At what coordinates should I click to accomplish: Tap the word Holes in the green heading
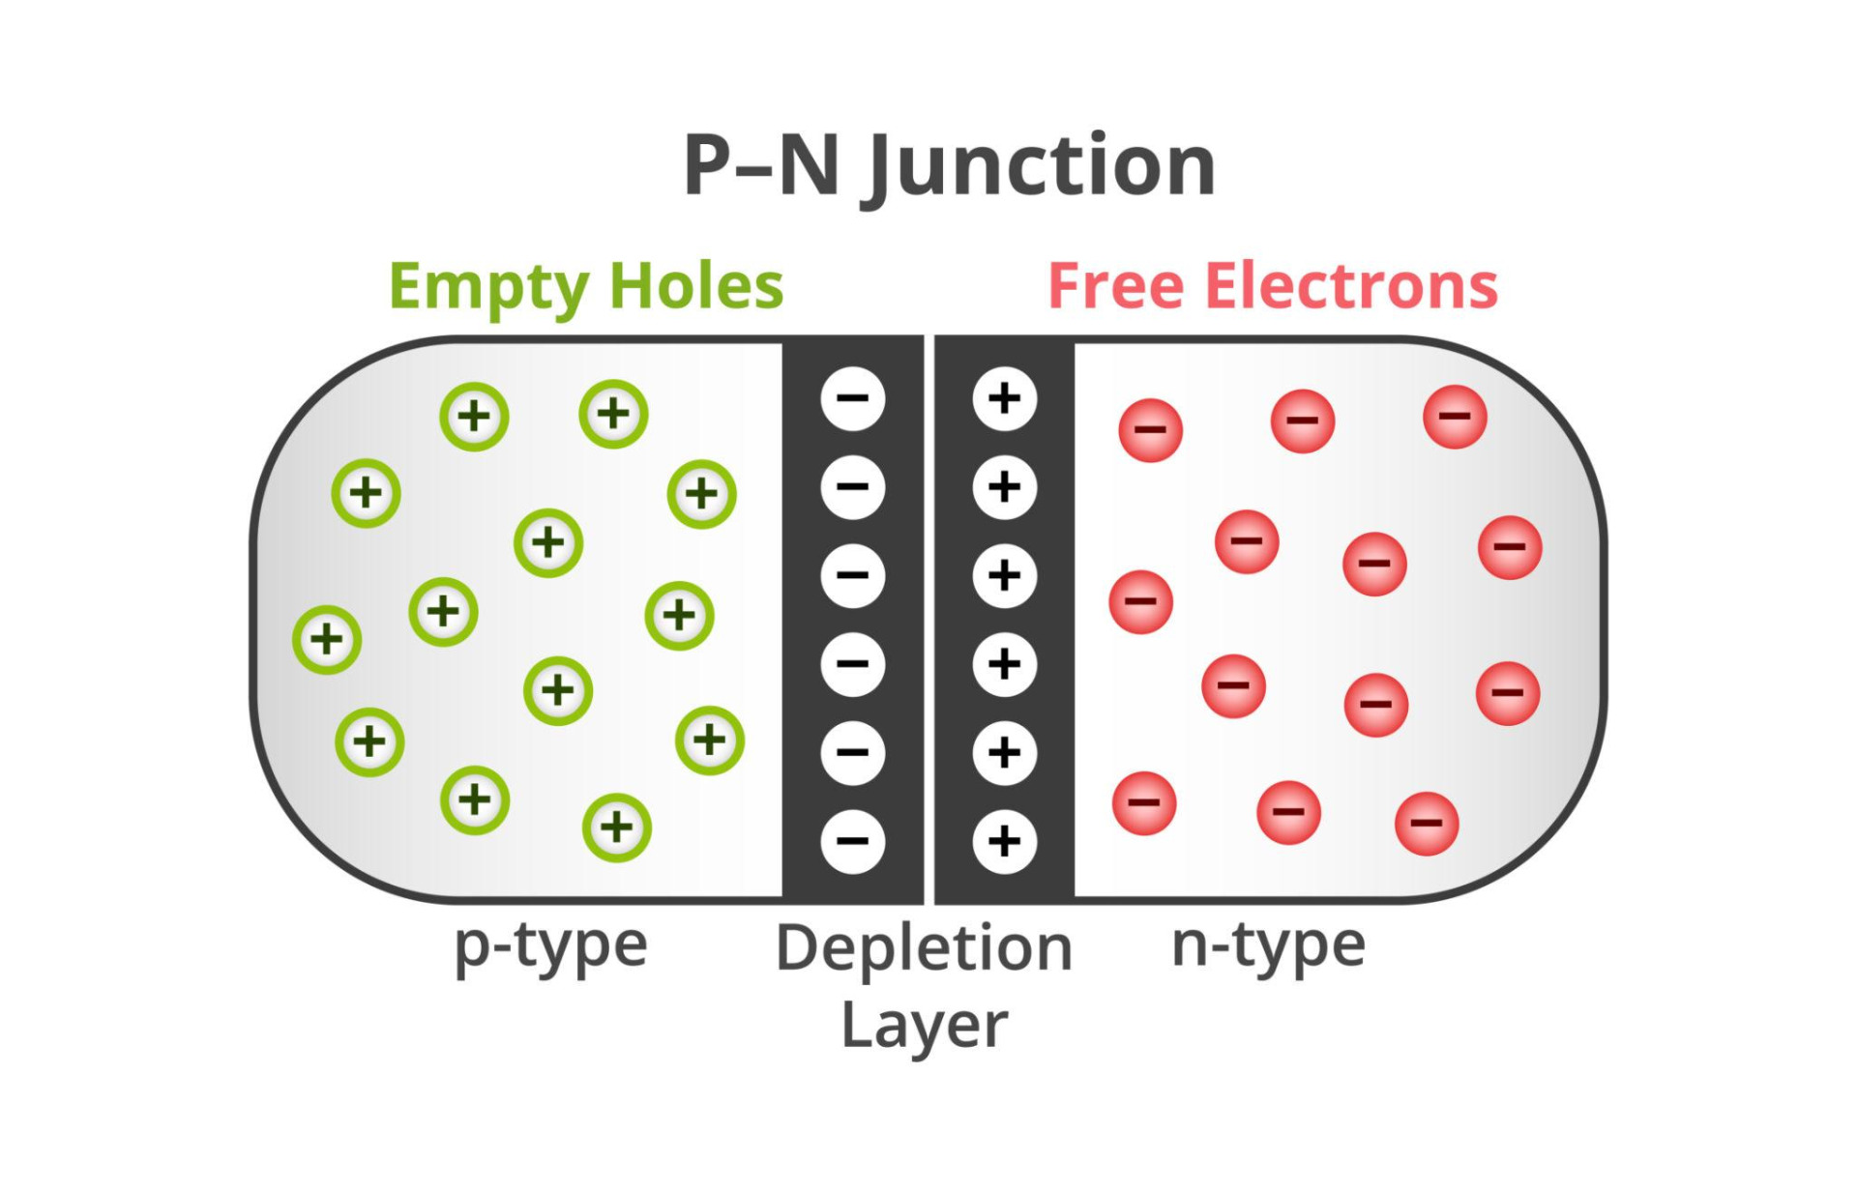point(696,286)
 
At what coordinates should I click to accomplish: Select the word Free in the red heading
point(1115,286)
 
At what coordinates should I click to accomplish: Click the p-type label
point(551,947)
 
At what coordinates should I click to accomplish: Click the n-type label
point(1268,947)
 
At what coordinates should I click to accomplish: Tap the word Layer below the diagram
point(924,1027)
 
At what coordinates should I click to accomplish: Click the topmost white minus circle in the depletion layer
point(852,399)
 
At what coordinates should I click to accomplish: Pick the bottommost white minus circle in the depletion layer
point(852,841)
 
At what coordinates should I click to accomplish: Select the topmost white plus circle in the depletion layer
point(1004,399)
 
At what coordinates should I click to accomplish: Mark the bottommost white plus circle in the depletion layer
point(1004,841)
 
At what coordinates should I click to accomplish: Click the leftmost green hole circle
point(327,639)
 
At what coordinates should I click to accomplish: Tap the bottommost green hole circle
point(617,828)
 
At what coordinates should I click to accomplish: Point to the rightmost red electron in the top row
point(1455,417)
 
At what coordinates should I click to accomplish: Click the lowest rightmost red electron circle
point(1427,824)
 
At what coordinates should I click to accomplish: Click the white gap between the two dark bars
point(929,619)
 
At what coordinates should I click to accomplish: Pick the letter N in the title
point(809,166)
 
